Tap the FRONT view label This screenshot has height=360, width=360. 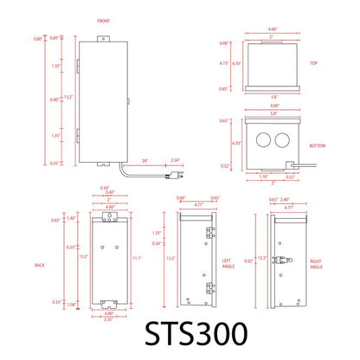pyautogui.click(x=104, y=19)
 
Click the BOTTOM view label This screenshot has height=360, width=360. pyautogui.click(x=318, y=145)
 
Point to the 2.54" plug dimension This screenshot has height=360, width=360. pyautogui.click(x=176, y=160)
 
